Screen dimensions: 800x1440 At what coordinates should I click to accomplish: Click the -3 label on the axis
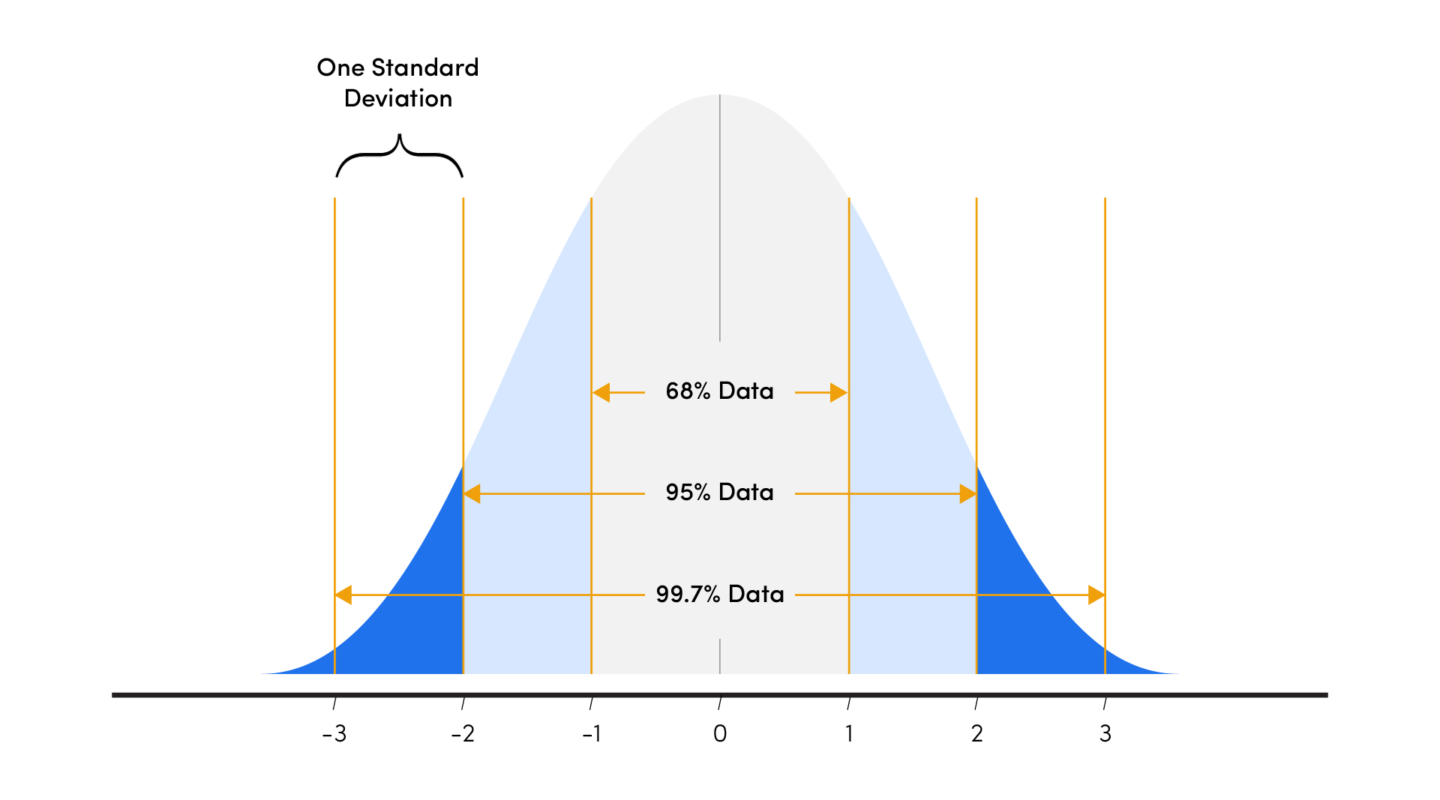click(x=334, y=733)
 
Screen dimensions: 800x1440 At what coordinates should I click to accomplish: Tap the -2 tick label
click(x=463, y=733)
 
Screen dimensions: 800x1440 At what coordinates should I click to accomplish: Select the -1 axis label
click(x=592, y=733)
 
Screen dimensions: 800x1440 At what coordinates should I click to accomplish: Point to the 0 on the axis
click(x=720, y=733)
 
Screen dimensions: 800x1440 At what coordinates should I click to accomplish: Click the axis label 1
click(x=849, y=733)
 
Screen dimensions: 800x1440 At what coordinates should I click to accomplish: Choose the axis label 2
click(x=976, y=733)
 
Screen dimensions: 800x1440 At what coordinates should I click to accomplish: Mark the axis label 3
click(x=1105, y=733)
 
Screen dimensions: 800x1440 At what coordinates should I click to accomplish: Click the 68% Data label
click(x=719, y=391)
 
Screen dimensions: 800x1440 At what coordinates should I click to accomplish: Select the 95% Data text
click(x=719, y=493)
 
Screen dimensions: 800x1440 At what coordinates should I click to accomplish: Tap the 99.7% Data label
click(x=719, y=595)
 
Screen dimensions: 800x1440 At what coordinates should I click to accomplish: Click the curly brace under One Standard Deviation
click(x=399, y=156)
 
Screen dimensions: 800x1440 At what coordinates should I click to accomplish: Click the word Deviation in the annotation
click(x=398, y=98)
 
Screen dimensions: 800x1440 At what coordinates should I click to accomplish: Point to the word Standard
click(x=424, y=67)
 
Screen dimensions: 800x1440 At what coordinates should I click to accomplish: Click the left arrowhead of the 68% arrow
click(x=601, y=392)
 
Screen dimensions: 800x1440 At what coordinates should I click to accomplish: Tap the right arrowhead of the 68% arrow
click(x=838, y=392)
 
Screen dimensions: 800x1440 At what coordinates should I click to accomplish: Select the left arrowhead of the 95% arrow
click(x=472, y=493)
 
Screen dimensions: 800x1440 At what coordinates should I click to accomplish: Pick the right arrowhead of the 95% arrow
click(x=967, y=493)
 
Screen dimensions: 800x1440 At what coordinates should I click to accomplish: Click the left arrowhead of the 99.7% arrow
click(x=343, y=595)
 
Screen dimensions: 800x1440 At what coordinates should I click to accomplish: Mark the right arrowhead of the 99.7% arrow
click(x=1096, y=595)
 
